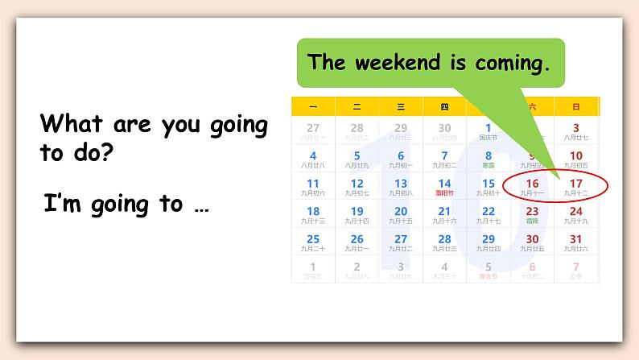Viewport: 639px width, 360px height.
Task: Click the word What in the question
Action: (x=71, y=124)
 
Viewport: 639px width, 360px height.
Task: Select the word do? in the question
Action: (x=89, y=153)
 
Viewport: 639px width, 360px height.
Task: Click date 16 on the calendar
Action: (x=532, y=184)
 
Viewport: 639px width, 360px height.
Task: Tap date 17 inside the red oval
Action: (x=576, y=184)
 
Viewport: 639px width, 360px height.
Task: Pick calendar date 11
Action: (x=313, y=184)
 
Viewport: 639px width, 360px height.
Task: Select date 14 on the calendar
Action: (x=444, y=184)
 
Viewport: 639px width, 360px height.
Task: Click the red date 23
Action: (x=532, y=211)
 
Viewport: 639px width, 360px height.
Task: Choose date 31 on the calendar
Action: (x=576, y=239)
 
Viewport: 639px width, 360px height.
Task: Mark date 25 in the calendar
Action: (x=313, y=239)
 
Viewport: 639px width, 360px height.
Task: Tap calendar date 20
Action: (x=401, y=211)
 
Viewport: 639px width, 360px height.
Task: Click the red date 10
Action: (x=576, y=155)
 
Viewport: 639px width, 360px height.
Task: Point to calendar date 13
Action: (x=401, y=184)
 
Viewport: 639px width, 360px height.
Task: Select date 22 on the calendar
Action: (x=489, y=211)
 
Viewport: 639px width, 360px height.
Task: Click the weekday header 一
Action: (x=313, y=106)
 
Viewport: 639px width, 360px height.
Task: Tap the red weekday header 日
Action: (x=576, y=106)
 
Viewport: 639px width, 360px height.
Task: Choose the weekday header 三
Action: (x=401, y=106)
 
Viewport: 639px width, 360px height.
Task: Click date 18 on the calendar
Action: (x=313, y=211)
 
